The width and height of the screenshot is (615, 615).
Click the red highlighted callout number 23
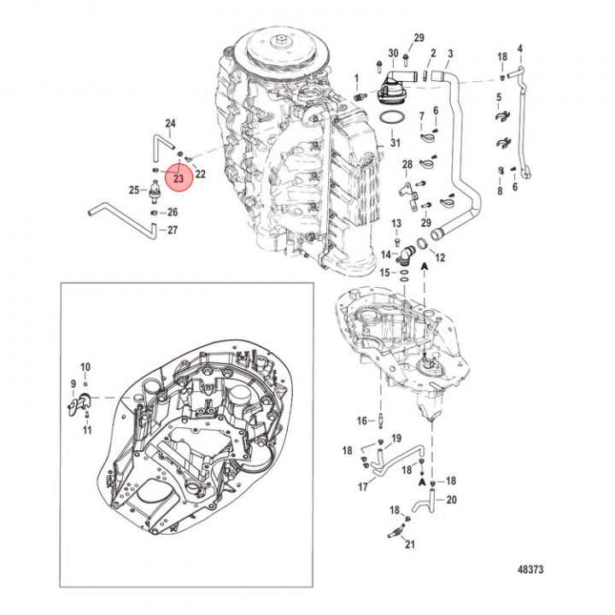(178, 179)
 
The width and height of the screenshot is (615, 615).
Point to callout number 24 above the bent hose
(170, 125)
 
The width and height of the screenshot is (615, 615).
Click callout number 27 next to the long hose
(173, 230)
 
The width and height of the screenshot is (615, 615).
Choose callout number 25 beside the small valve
(133, 190)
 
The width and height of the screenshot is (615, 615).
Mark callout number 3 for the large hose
(450, 55)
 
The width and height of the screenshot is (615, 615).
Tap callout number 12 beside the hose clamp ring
(441, 257)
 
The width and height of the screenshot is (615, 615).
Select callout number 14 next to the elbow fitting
(385, 254)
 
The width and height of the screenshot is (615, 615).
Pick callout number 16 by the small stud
(361, 420)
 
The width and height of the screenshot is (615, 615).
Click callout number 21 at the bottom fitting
(409, 545)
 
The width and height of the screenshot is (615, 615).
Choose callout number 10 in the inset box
(85, 366)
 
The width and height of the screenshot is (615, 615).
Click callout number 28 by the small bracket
(407, 164)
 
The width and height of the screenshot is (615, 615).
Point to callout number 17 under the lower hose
(362, 488)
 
